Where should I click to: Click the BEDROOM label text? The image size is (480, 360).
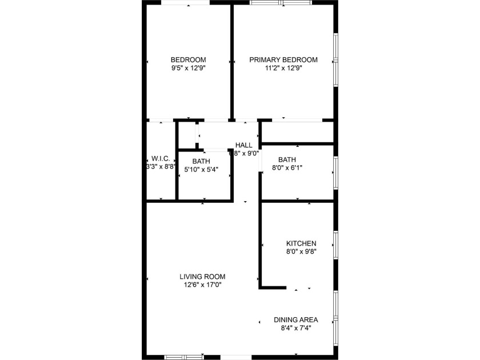click(188, 60)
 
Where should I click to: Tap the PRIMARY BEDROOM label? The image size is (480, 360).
click(283, 60)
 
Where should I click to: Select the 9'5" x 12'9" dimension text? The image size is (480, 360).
click(188, 68)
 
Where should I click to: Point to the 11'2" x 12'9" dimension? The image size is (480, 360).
click(283, 68)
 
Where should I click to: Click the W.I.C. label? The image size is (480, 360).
click(160, 158)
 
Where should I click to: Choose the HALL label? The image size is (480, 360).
click(243, 145)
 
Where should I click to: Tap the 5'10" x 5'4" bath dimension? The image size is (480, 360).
click(201, 169)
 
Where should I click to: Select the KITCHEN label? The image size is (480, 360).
click(301, 243)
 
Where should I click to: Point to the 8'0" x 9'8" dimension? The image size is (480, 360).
click(301, 251)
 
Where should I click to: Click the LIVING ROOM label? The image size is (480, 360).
click(203, 277)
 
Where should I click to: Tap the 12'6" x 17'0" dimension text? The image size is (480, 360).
click(203, 285)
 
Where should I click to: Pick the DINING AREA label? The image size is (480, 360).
click(295, 320)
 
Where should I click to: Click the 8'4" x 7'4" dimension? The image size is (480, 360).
click(295, 328)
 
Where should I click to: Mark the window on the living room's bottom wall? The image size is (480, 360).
click(184, 357)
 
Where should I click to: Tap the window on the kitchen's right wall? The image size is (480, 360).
click(336, 244)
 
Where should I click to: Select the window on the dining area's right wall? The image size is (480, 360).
click(336, 313)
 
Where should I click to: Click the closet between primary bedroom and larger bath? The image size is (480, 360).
click(297, 132)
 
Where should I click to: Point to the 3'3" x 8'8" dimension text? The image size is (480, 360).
click(161, 167)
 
